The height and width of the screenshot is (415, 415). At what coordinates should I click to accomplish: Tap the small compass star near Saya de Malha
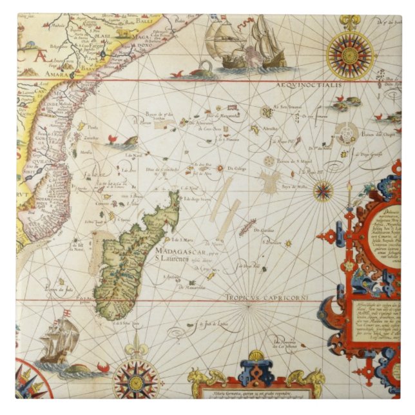coord(323,190)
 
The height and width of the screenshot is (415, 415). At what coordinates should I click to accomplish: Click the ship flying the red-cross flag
coord(59,338)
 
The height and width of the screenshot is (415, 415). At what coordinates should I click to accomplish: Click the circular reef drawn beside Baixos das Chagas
coord(348,134)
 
